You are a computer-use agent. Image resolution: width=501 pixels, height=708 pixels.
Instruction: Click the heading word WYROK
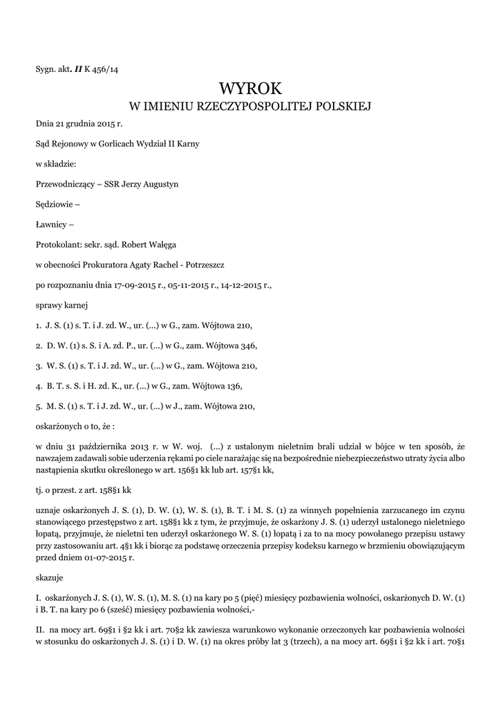point(250,88)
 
